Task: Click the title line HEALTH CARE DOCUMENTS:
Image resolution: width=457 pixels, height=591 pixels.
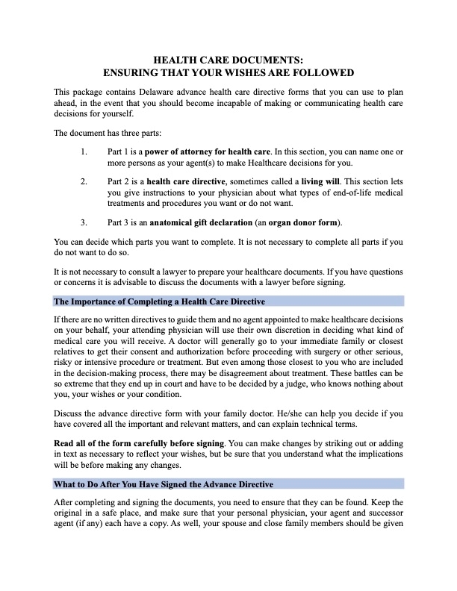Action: coord(228,60)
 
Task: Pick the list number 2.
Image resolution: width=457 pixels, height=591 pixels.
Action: coord(83,181)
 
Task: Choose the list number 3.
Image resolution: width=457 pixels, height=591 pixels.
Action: coord(83,222)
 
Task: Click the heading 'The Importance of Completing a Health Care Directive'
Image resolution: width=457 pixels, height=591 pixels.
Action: coord(159,301)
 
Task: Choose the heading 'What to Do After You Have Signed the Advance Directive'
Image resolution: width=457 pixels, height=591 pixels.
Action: coord(164,484)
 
